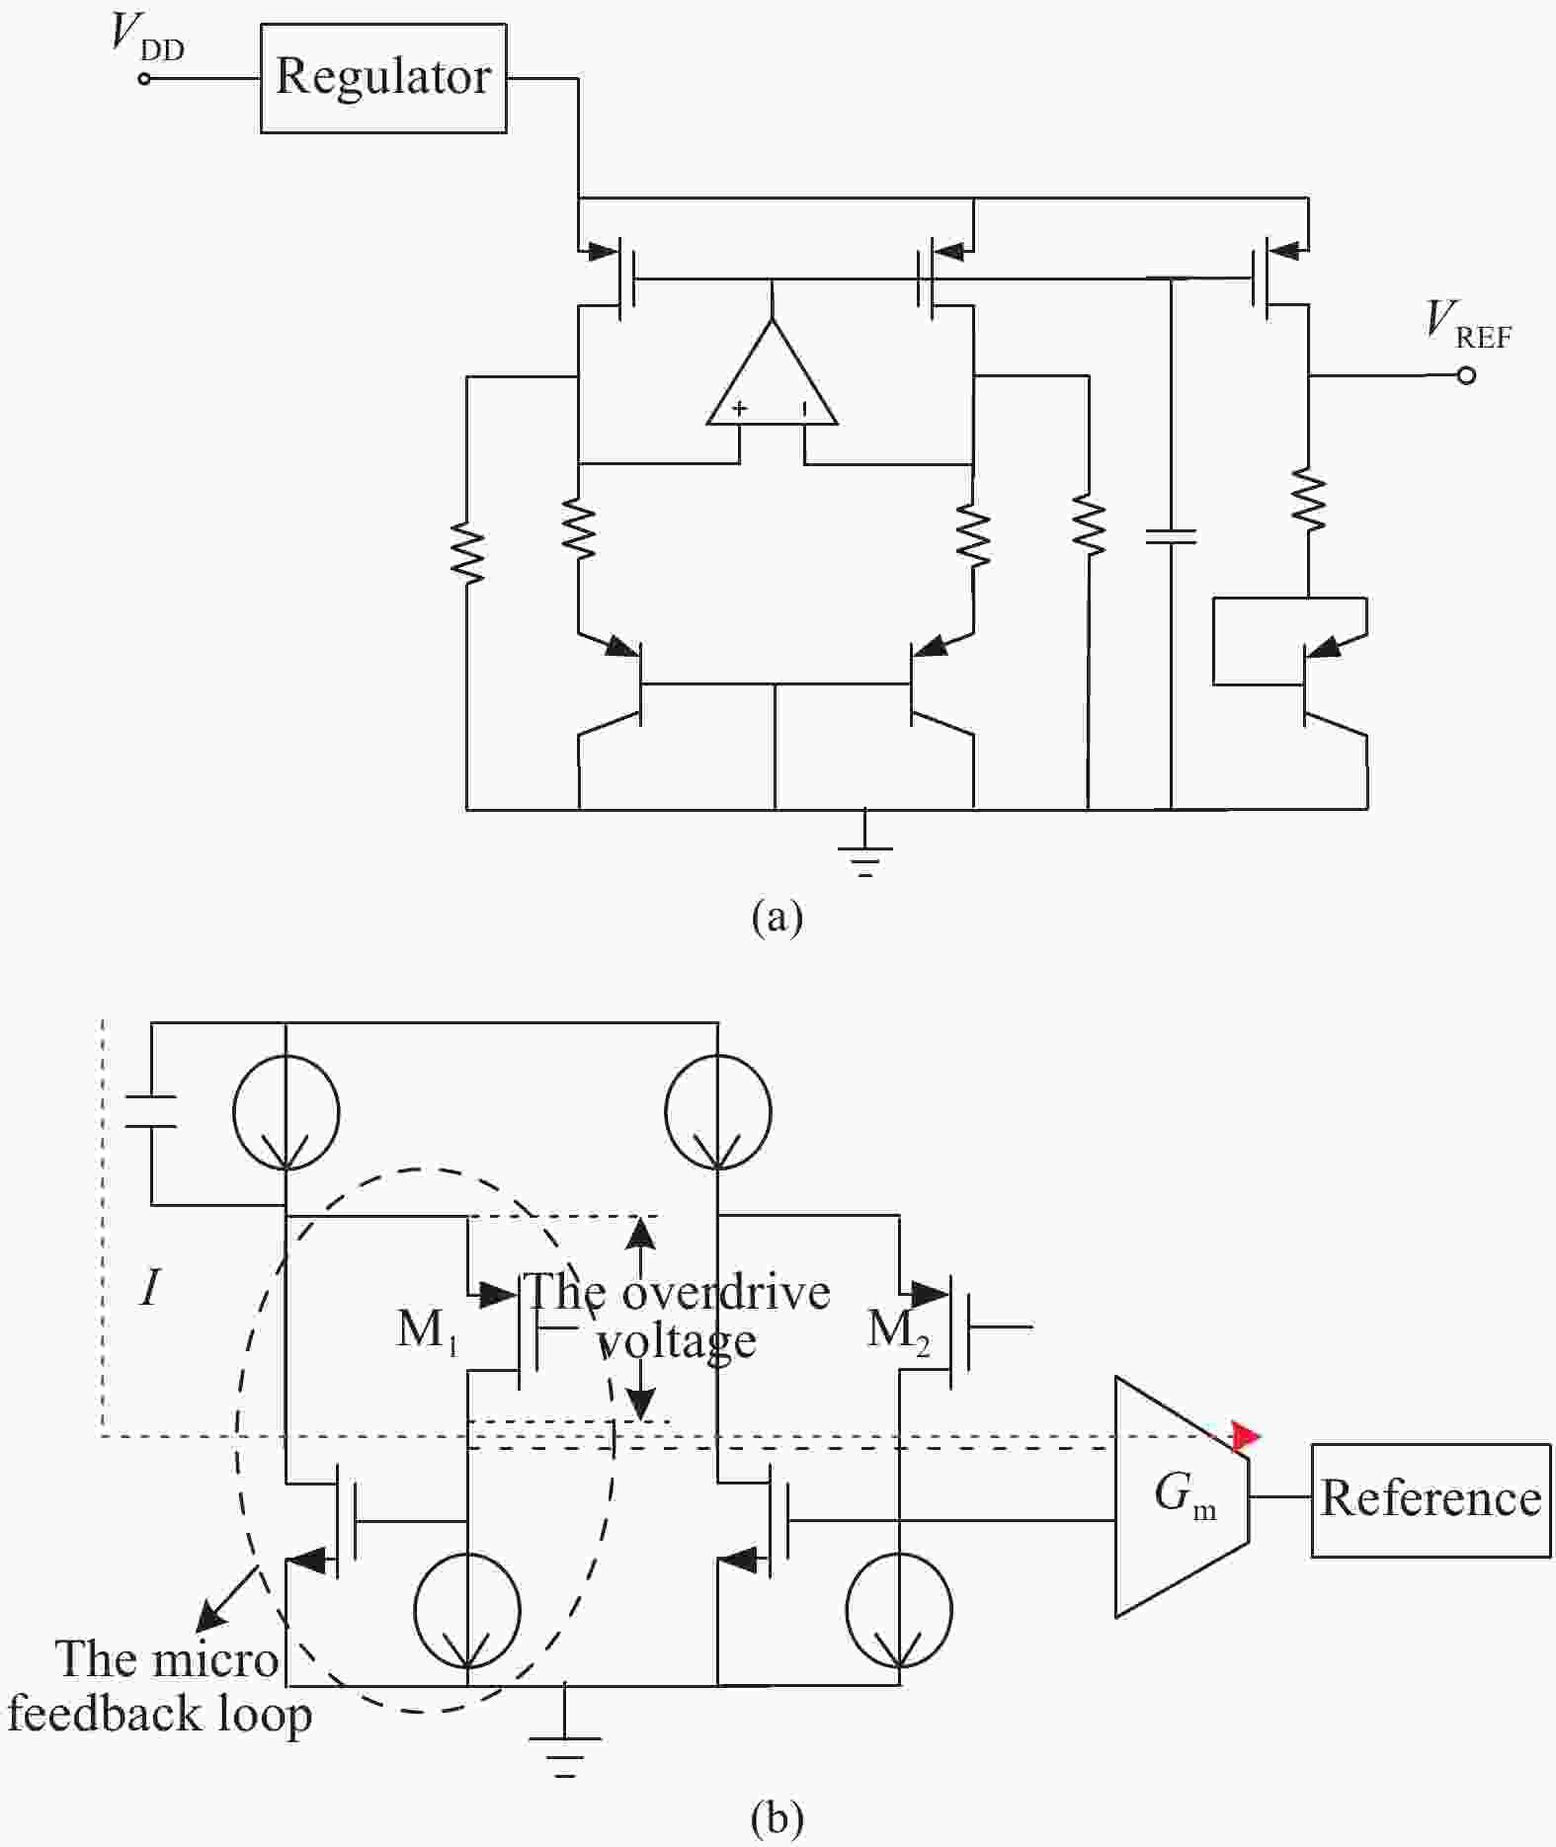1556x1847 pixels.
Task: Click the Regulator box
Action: coord(383,78)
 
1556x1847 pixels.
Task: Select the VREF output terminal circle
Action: coord(1466,375)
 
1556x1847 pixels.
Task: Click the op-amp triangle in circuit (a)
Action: coord(773,380)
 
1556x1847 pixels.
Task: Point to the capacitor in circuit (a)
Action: coord(1171,536)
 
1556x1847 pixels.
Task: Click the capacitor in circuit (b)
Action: coord(151,1111)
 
